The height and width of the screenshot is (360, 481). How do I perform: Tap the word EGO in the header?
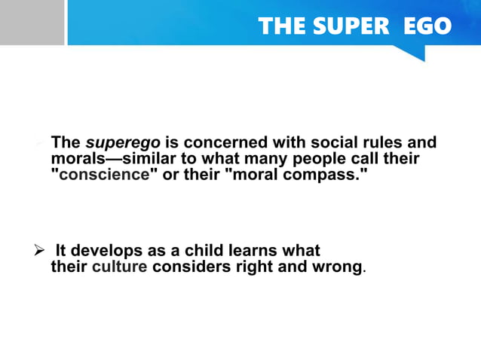(x=427, y=26)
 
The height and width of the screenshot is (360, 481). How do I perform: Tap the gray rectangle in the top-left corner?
(x=32, y=23)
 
